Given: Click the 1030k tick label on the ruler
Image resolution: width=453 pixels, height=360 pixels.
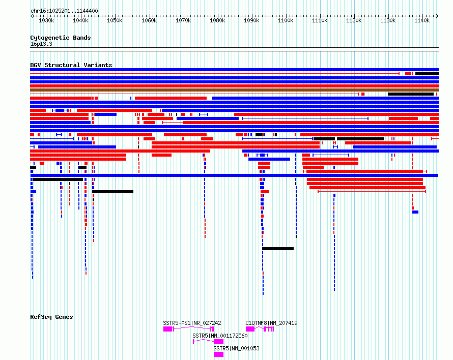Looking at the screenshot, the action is tap(46, 20).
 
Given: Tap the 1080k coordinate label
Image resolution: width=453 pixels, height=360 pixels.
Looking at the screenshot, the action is tap(217, 20).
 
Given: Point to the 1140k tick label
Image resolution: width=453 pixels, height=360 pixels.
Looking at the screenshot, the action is tap(422, 20).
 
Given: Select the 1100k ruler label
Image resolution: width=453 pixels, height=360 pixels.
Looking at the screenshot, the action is tap(286, 20).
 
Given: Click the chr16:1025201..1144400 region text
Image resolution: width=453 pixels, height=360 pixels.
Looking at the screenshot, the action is tap(64, 11).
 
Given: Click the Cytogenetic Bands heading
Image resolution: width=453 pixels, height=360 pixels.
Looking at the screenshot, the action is tap(61, 38).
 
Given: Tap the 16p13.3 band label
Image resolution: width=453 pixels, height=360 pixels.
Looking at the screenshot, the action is tap(41, 44).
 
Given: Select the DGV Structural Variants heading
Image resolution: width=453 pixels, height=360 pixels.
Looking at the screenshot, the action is tap(71, 65).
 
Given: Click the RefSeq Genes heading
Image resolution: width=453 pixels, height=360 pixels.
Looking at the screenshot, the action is tap(51, 317).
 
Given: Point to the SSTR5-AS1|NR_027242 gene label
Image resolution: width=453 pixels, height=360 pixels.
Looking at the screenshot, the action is tap(192, 323).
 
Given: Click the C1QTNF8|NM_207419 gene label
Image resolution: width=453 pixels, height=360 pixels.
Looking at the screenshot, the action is tap(271, 323).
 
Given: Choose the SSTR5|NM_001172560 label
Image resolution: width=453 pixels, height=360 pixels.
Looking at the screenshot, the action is tap(220, 336).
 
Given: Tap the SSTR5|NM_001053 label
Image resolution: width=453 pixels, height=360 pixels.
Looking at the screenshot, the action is tap(236, 348).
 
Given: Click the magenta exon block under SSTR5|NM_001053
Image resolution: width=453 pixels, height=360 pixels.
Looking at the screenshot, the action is tap(218, 354).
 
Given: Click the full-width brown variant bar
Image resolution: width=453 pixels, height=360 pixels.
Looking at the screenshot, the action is tap(234, 90).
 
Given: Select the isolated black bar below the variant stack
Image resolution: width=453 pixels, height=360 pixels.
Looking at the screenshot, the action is tap(278, 249).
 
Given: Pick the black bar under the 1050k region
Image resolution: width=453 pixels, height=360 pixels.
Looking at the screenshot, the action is tap(112, 192).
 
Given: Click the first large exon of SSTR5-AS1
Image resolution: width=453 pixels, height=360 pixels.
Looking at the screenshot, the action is tap(167, 329).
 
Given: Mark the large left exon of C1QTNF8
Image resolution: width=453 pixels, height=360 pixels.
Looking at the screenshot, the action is tap(250, 329).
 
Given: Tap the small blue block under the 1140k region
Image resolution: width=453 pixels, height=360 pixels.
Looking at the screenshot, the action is tap(415, 212).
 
